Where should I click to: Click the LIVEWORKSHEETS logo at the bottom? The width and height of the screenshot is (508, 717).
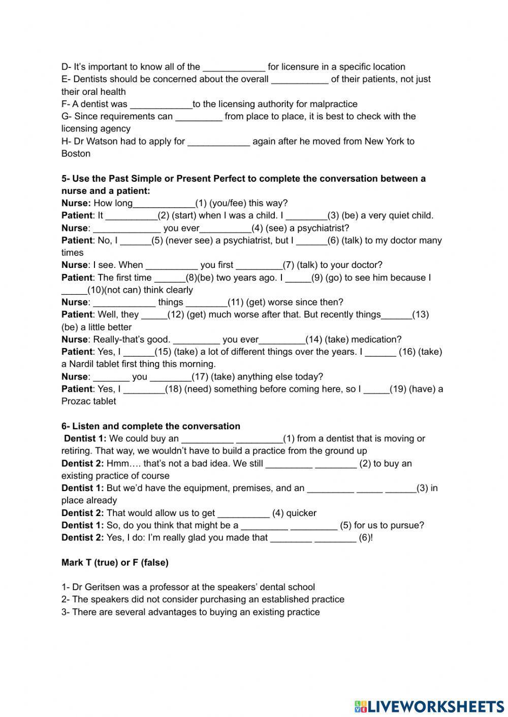(x=429, y=706)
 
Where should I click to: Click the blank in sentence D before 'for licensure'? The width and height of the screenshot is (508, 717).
(x=234, y=67)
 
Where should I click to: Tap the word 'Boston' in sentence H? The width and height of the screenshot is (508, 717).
(x=76, y=154)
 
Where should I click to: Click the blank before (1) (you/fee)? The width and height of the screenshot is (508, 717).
(x=164, y=203)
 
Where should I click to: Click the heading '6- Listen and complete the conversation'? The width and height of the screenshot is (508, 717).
(x=151, y=426)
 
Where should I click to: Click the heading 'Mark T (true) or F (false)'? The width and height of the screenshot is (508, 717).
(x=115, y=562)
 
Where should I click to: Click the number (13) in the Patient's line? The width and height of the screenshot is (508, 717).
(x=420, y=315)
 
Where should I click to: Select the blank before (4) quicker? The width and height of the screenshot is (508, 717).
(x=243, y=513)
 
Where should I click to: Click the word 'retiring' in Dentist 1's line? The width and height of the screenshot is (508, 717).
(x=76, y=451)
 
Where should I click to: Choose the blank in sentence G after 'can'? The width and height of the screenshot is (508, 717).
(x=199, y=117)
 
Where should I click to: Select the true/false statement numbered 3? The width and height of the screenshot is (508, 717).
(x=190, y=612)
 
